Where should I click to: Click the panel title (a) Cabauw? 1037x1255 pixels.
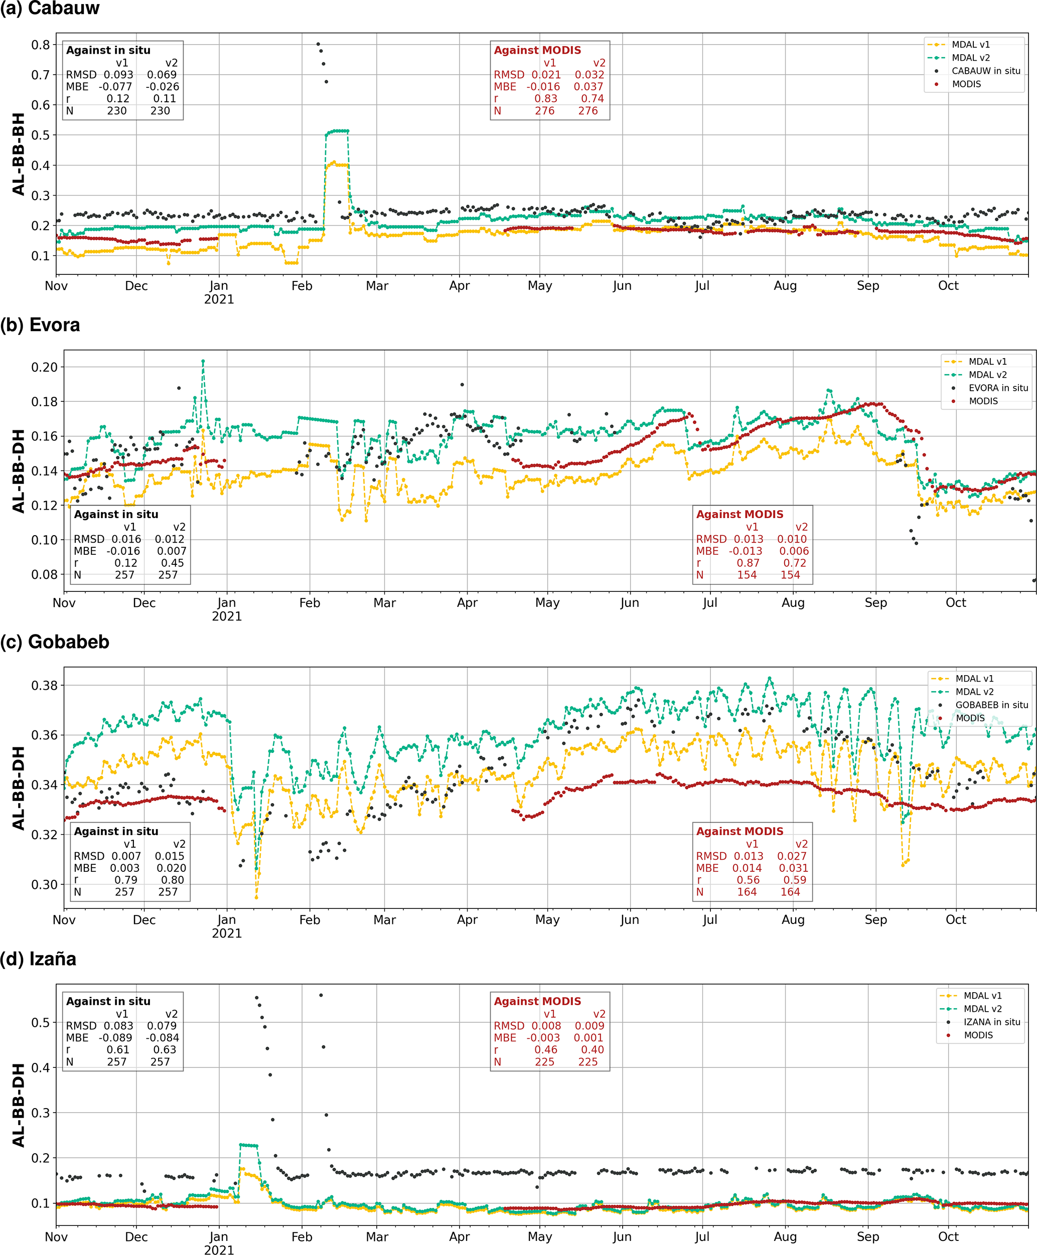pyautogui.click(x=50, y=9)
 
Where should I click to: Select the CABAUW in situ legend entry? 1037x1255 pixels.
pyautogui.click(x=986, y=71)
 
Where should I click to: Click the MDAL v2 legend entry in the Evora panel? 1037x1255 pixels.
pyautogui.click(x=987, y=375)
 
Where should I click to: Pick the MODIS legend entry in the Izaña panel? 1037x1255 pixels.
pyautogui.click(x=978, y=1035)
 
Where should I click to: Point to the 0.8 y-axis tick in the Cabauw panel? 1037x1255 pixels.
pyautogui.click(x=41, y=45)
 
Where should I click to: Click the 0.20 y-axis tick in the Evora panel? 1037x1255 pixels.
pyautogui.click(x=44, y=367)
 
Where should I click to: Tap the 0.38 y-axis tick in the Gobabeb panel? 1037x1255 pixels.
pyautogui.click(x=44, y=685)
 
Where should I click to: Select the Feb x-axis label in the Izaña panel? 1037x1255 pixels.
pyautogui.click(x=302, y=1237)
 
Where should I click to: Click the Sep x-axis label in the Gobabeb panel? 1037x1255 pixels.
pyautogui.click(x=876, y=920)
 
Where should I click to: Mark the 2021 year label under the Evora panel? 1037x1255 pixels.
pyautogui.click(x=227, y=616)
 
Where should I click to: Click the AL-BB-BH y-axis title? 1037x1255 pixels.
pyautogui.click(x=19, y=154)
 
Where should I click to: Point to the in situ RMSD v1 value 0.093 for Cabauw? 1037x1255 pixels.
pyautogui.click(x=118, y=75)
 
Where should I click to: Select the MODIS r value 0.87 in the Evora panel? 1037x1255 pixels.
pyautogui.click(x=748, y=563)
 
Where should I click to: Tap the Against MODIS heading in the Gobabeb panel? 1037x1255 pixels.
pyautogui.click(x=739, y=832)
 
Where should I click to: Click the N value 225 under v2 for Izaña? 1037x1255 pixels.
pyautogui.click(x=588, y=1062)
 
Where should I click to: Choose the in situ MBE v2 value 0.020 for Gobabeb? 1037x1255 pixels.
pyautogui.click(x=171, y=868)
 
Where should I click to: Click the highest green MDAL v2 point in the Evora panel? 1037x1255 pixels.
pyautogui.click(x=203, y=361)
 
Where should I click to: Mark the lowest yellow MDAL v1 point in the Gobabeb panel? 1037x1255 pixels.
pyautogui.click(x=257, y=897)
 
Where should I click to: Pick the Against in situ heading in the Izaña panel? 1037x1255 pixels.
pyautogui.click(x=108, y=1002)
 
